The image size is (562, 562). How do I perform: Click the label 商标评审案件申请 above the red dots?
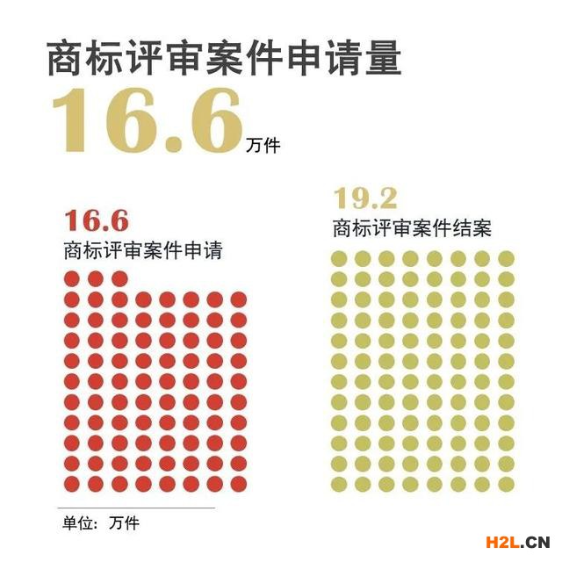coord(142,250)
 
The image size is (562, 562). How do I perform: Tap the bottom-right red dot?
coord(238,483)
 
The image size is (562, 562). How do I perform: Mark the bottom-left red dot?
coord(72,483)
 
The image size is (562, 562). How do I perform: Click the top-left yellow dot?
coord(339,258)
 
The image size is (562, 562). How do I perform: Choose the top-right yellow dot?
coord(507,258)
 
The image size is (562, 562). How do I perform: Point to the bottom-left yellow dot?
coord(339,482)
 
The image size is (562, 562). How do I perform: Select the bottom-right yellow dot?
coord(507,482)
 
